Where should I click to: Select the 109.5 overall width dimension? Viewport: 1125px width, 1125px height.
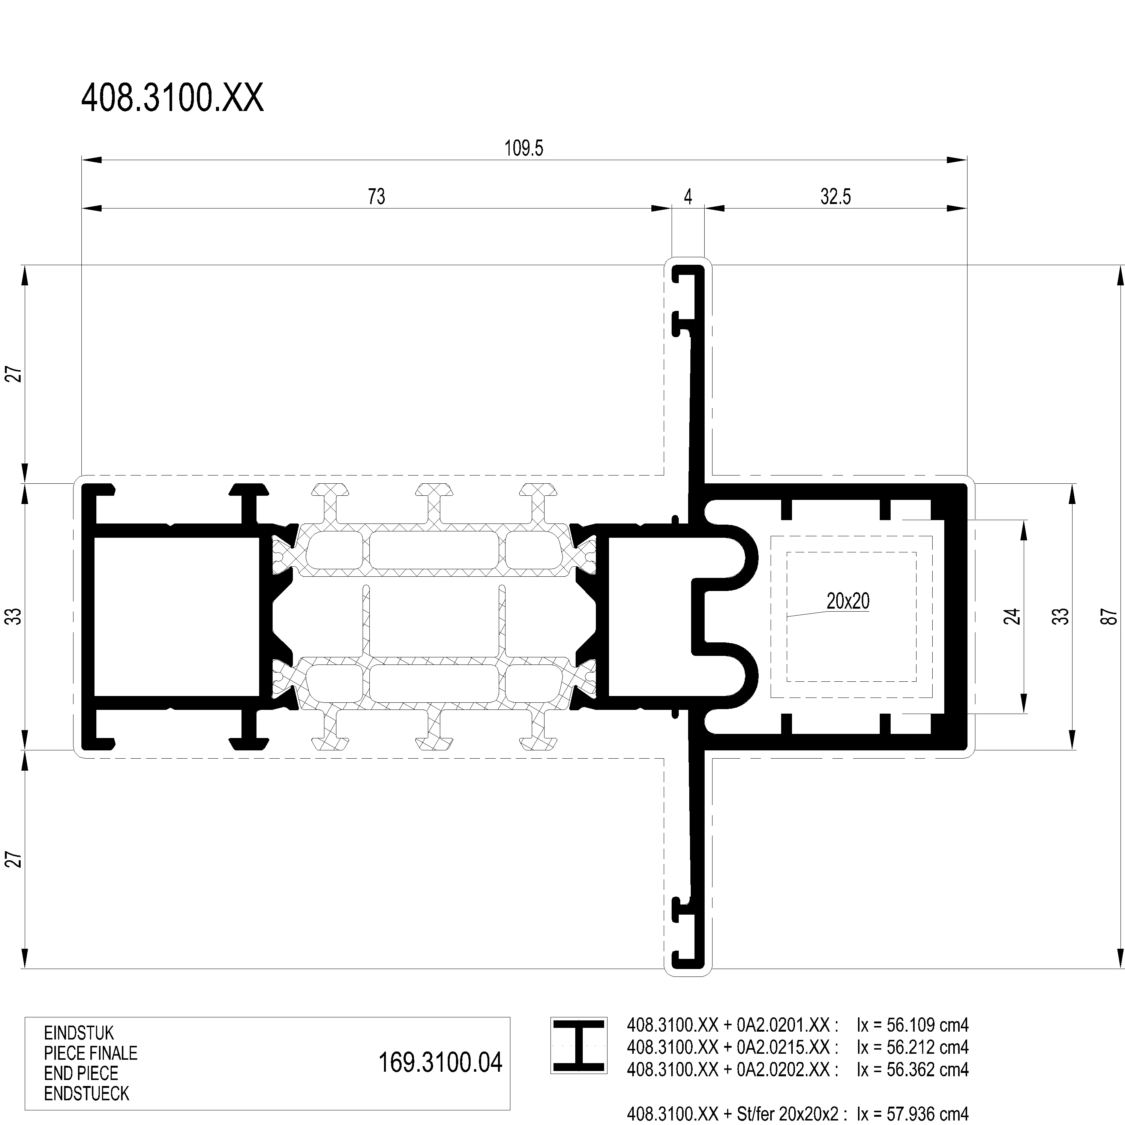click(523, 148)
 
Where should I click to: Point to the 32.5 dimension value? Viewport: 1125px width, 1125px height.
click(835, 197)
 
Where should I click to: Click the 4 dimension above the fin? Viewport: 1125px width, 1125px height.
click(688, 197)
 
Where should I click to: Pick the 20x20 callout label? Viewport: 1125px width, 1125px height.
click(848, 601)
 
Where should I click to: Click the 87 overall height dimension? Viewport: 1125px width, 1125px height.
click(1109, 616)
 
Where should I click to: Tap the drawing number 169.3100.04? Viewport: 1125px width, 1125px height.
click(440, 1062)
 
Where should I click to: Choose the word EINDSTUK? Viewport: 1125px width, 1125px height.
click(79, 1033)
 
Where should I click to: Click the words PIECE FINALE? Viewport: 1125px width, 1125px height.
click(91, 1053)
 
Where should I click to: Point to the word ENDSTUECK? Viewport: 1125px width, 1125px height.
click(87, 1093)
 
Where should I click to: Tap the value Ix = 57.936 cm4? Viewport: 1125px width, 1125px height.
click(912, 1114)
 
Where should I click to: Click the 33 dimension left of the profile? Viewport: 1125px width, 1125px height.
click(16, 616)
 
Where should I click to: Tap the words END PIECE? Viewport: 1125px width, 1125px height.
click(81, 1073)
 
